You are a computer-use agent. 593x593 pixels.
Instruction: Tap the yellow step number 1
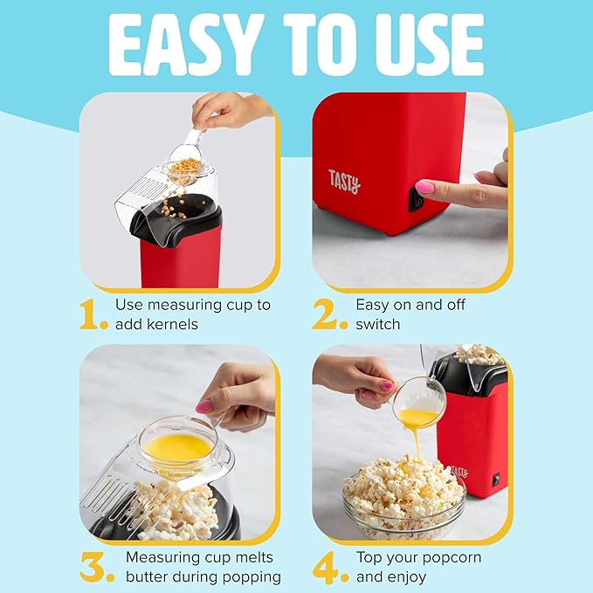click(94, 315)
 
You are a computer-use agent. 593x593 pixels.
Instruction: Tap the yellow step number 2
click(330, 315)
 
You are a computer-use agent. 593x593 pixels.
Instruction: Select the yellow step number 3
click(97, 567)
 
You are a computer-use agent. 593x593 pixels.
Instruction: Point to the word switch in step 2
click(377, 324)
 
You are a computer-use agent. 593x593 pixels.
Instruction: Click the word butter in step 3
click(149, 576)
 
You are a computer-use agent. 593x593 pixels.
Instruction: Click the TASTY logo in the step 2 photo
click(343, 181)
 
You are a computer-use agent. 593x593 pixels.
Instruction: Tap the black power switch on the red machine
click(417, 201)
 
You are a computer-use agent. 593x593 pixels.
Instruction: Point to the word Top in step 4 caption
click(369, 556)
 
